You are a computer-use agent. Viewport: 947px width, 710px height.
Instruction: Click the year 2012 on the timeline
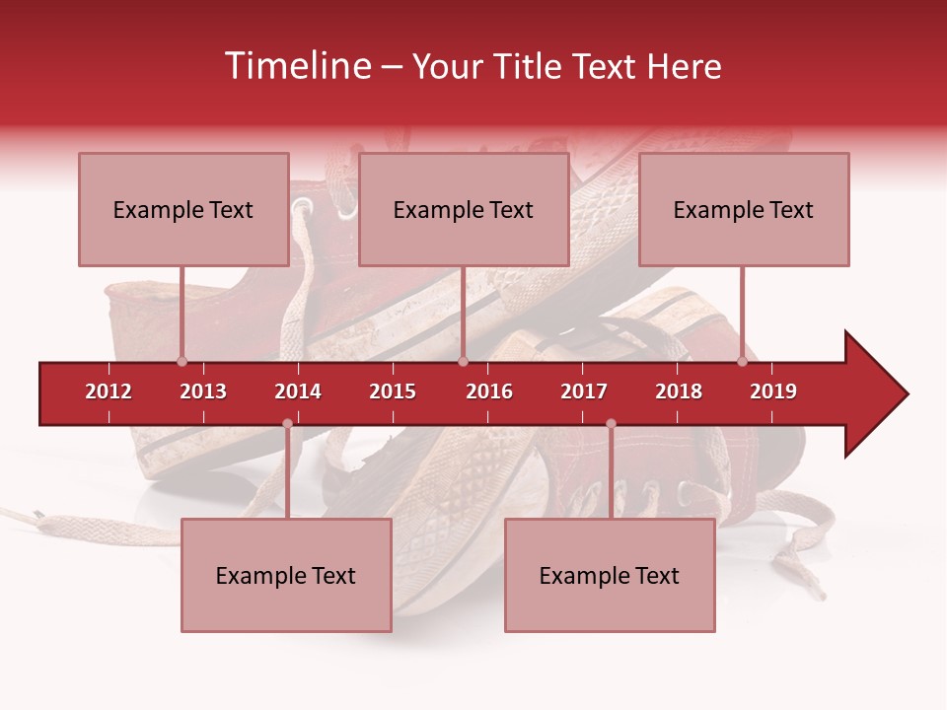click(109, 391)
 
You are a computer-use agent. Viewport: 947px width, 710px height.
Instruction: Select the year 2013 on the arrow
click(203, 391)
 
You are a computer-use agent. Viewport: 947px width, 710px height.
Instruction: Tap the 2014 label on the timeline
click(298, 391)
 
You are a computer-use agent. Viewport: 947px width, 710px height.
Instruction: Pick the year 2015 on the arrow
click(393, 391)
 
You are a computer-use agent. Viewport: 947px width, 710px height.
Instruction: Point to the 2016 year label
click(489, 391)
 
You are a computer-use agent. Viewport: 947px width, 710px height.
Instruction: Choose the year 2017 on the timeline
click(584, 391)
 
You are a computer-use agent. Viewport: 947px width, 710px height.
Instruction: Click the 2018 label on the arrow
click(679, 391)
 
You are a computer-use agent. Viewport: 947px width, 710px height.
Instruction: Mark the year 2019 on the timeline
click(773, 391)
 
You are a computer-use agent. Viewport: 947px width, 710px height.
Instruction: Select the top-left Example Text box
click(183, 209)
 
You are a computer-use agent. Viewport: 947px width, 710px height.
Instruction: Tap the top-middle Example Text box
click(464, 209)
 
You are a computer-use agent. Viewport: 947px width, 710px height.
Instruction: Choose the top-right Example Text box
click(744, 209)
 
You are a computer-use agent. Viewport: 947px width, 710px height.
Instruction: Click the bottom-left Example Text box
click(286, 575)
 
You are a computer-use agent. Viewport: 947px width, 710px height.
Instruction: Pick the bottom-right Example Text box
click(610, 575)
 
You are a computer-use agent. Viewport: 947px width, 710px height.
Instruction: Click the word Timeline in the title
click(296, 66)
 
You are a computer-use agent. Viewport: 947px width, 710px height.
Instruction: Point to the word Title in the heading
click(529, 66)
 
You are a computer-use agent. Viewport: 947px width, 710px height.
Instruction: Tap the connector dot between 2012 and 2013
click(182, 361)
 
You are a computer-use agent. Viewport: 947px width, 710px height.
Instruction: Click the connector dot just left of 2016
click(463, 361)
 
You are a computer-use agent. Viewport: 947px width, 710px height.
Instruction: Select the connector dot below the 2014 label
click(287, 424)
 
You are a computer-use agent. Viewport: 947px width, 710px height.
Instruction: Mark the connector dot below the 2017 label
click(611, 424)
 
